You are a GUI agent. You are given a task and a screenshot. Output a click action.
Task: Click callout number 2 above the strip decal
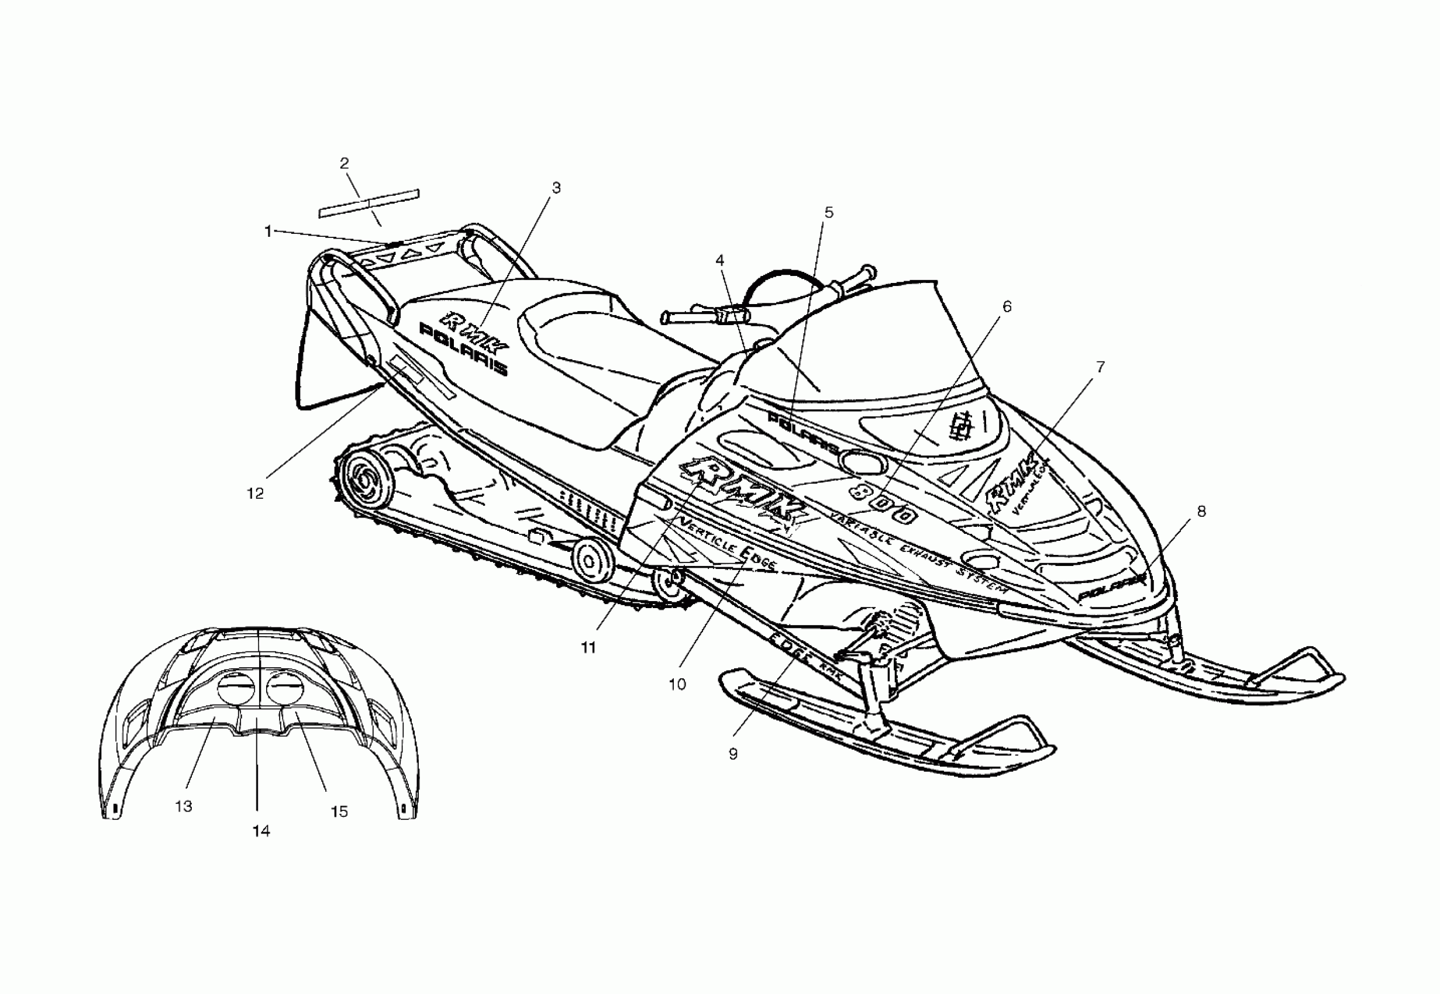pyautogui.click(x=345, y=163)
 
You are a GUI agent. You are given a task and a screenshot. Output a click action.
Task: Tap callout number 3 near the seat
pyautogui.click(x=556, y=188)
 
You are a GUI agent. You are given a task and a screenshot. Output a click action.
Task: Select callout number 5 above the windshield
pyautogui.click(x=828, y=212)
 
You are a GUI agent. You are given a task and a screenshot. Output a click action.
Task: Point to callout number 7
pyautogui.click(x=1101, y=367)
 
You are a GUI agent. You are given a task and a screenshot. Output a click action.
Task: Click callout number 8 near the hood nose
pyautogui.click(x=1201, y=511)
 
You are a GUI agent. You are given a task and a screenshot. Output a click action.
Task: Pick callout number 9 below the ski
pyautogui.click(x=733, y=754)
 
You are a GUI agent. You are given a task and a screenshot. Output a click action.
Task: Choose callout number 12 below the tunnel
pyautogui.click(x=256, y=493)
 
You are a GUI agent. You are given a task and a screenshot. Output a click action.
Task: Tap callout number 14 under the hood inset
pyautogui.click(x=261, y=830)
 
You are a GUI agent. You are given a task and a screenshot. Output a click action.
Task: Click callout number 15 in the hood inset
pyautogui.click(x=339, y=812)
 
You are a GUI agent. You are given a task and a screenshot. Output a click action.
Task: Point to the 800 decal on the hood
pyautogui.click(x=884, y=503)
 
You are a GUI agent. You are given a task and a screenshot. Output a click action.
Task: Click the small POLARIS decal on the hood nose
pyautogui.click(x=1112, y=586)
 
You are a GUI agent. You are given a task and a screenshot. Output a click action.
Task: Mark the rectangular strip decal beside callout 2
pyautogui.click(x=368, y=203)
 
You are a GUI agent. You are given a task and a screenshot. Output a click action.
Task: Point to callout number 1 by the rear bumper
pyautogui.click(x=268, y=232)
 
